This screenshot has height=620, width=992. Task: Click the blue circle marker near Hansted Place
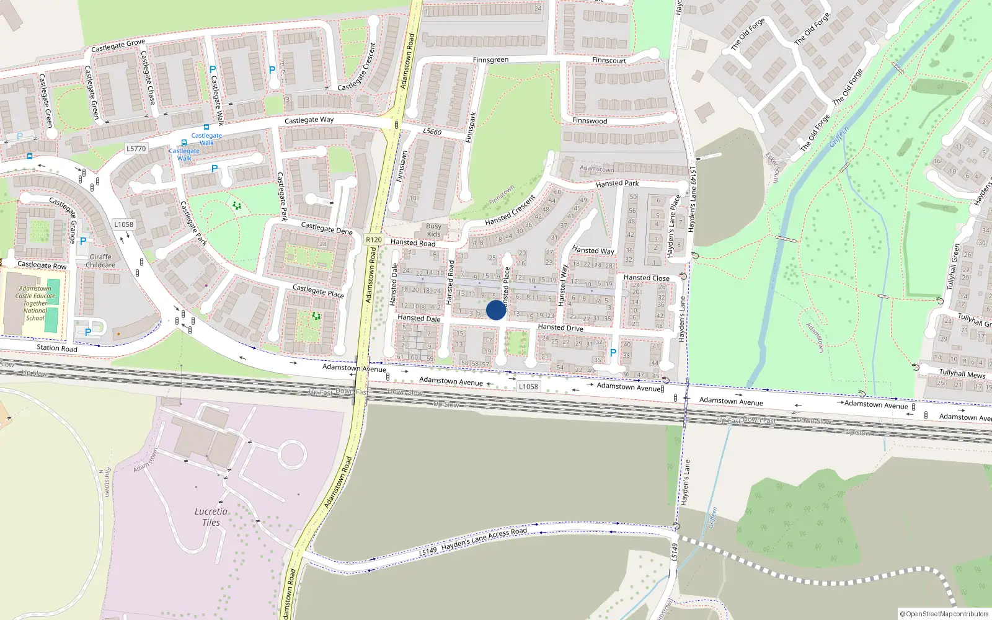coord(496,310)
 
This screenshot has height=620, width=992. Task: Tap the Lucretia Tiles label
coord(211,516)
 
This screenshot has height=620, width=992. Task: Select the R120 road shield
coord(374,239)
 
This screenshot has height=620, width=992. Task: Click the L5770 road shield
coord(136,149)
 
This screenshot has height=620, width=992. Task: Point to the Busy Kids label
coord(433,230)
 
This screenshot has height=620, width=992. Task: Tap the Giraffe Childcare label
coord(100,261)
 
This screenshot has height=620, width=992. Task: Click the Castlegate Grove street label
coord(118,46)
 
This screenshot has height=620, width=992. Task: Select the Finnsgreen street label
coord(490,60)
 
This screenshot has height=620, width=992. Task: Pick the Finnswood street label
coord(590,121)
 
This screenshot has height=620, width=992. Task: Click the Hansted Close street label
coord(646,278)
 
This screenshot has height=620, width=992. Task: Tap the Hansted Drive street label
coord(560,327)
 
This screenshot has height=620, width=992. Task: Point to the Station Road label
coord(56,348)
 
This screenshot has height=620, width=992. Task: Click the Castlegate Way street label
coord(309,120)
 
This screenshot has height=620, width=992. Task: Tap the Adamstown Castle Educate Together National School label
coord(35,303)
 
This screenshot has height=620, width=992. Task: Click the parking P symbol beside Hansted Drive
coord(613,353)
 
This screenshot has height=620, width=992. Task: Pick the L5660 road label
coord(432,132)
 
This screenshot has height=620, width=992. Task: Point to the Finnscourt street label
coord(609,60)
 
